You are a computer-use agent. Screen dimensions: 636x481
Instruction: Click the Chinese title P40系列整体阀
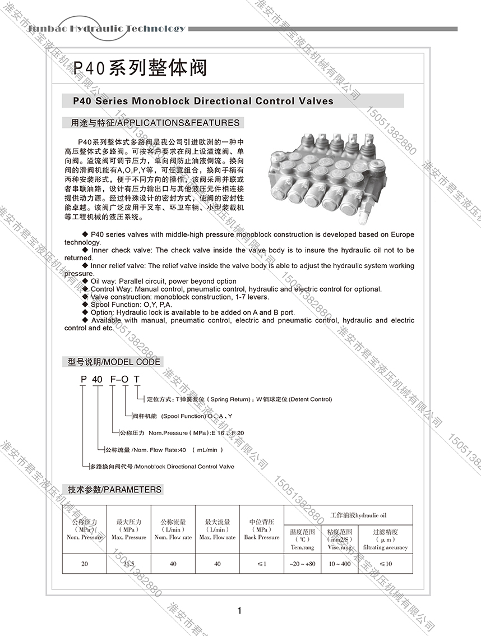pos(140,68)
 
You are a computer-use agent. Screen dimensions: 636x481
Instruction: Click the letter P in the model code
pos(84,379)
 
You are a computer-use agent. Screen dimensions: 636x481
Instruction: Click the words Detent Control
pos(310,399)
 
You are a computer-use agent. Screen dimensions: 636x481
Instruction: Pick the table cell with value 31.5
pos(128,564)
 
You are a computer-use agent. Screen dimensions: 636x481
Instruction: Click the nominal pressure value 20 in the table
pos(84,564)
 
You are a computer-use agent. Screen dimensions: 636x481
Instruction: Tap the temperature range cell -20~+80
pos(303,564)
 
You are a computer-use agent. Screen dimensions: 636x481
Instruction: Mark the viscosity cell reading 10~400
pos(340,564)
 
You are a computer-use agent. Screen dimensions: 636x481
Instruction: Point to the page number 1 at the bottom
pos(239,611)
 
